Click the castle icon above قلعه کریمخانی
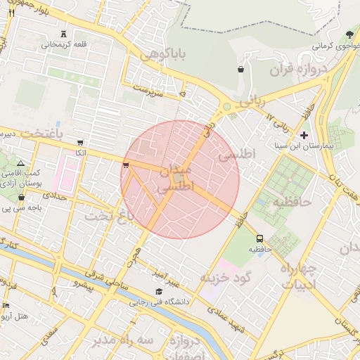pos(64,34)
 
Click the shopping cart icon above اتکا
pos(80,143)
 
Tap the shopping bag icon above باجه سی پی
pos(21,198)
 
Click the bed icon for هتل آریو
pos(6,306)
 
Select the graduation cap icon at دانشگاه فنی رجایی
pos(159,292)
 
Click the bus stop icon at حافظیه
pos(260,239)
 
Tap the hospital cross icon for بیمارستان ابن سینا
pos(304,134)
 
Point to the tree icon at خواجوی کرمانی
pos(349,34)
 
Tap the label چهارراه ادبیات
pos(298,276)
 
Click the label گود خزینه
pos(225,276)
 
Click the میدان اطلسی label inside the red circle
pos(172,179)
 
